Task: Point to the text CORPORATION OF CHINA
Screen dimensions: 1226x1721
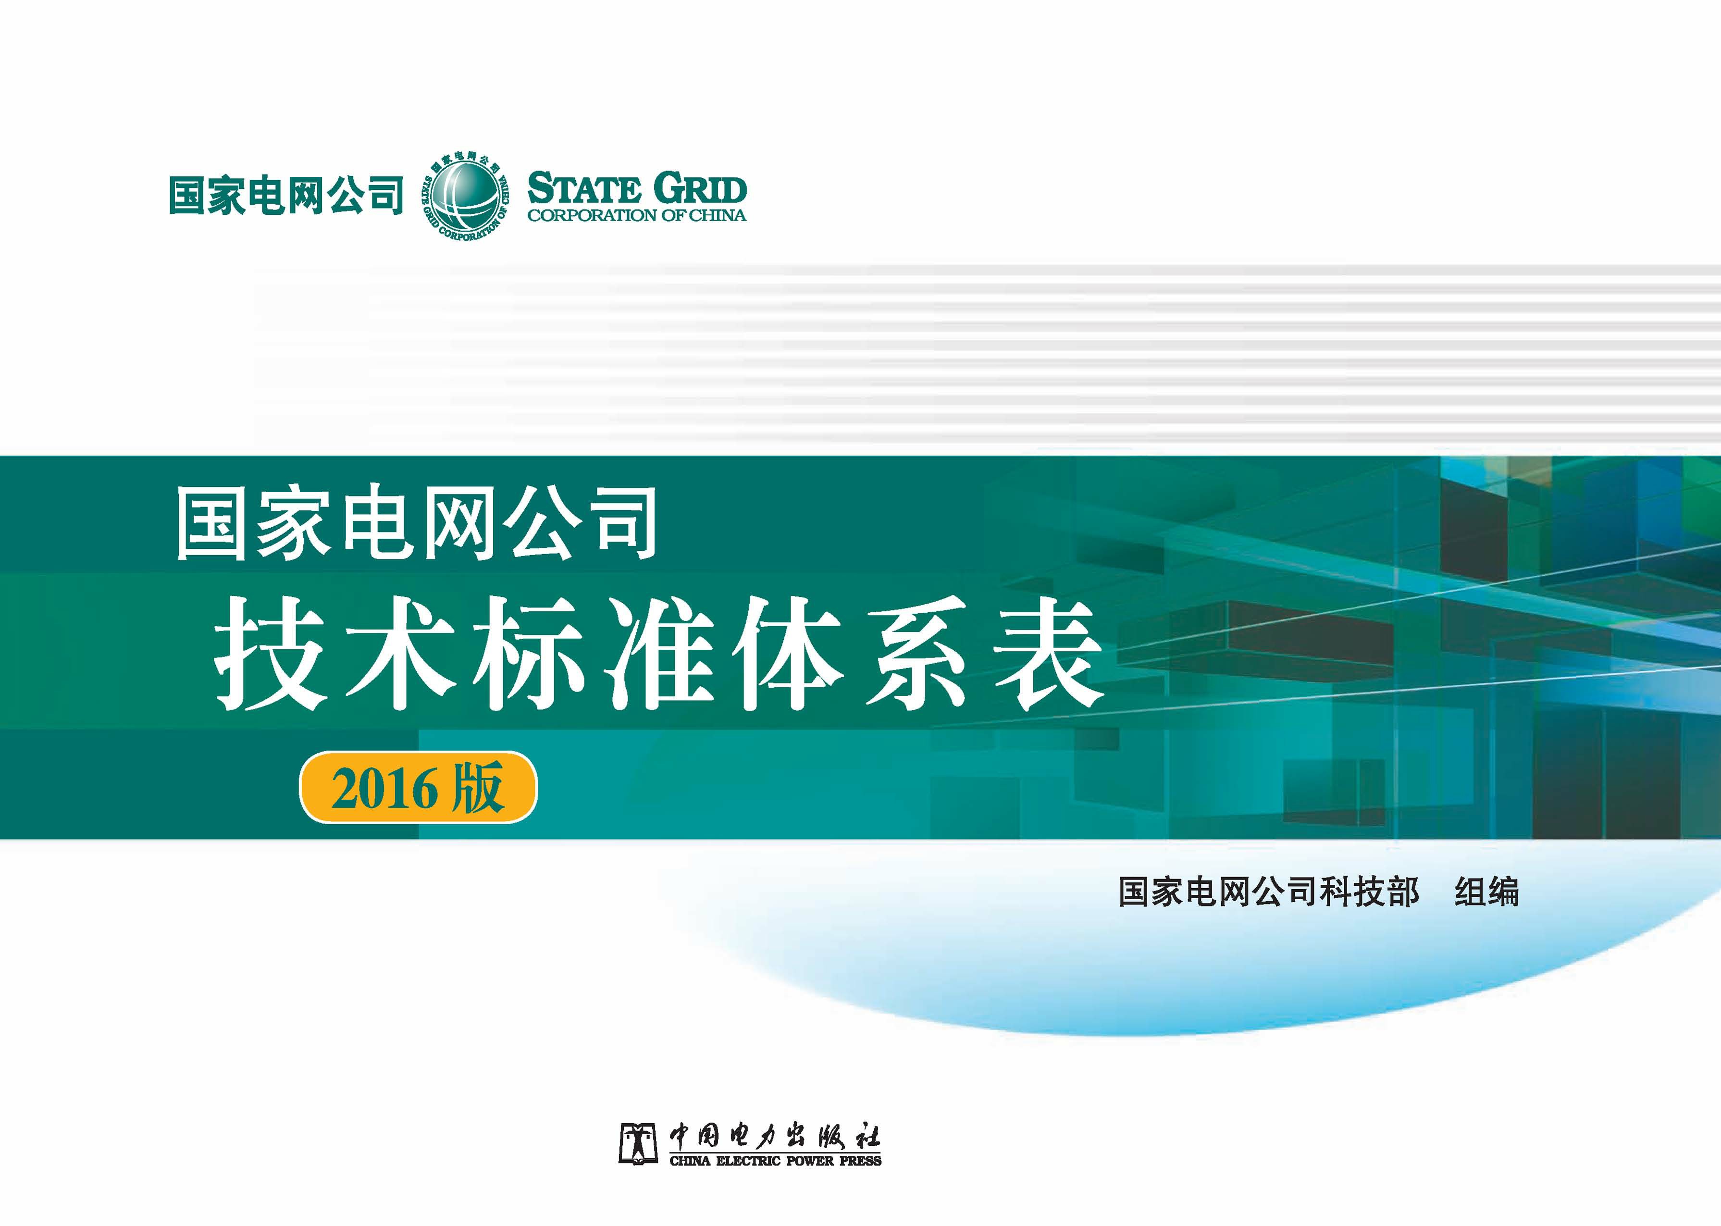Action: pyautogui.click(x=636, y=216)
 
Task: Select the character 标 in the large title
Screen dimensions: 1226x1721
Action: pyautogui.click(x=528, y=654)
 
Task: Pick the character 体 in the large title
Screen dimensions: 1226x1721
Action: pyautogui.click(x=785, y=654)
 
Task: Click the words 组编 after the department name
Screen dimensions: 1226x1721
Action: pyautogui.click(x=1486, y=892)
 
